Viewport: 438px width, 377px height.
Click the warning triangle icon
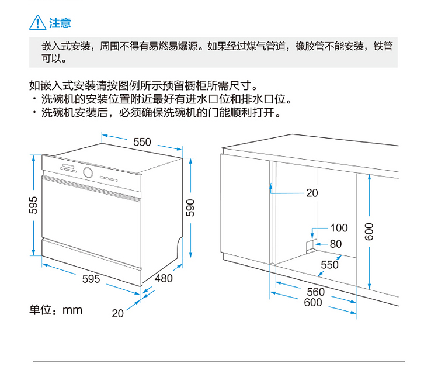pos(37,23)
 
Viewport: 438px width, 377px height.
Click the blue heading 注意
pos(60,23)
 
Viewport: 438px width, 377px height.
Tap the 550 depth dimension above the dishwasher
pos(142,142)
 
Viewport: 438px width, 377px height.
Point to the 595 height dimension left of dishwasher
pos(33,206)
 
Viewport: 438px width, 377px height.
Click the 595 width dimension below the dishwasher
pos(91,279)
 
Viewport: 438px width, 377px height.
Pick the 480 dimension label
pos(164,278)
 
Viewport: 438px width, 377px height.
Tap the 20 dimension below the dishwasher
pos(118,313)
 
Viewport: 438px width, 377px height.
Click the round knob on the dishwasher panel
pos(89,173)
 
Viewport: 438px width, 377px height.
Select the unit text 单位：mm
pos(56,310)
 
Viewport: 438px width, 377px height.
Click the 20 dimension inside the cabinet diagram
pos(312,193)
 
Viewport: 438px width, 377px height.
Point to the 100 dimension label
pos(339,228)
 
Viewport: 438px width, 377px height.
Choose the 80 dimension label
pos(336,244)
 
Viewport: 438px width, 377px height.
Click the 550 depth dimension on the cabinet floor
pos(329,265)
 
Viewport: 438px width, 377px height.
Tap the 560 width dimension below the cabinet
pos(315,292)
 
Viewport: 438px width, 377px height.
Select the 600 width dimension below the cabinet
pos(313,302)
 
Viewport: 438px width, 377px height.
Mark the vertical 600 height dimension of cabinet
pos(369,232)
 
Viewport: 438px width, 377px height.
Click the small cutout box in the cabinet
pos(311,245)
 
